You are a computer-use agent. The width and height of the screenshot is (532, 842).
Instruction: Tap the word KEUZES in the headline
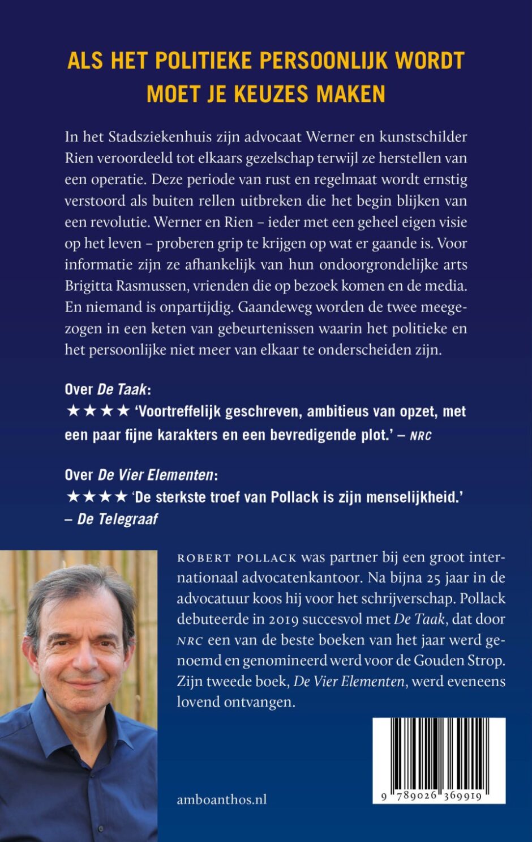(270, 93)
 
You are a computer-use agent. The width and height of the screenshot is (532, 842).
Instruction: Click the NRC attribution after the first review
(420, 436)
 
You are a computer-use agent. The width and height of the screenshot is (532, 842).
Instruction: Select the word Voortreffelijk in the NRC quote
(179, 411)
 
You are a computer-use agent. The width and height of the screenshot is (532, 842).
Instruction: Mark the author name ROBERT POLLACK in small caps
(237, 558)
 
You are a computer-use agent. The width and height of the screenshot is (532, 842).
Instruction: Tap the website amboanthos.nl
(222, 800)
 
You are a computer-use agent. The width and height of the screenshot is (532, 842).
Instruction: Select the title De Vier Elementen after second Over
(156, 475)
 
